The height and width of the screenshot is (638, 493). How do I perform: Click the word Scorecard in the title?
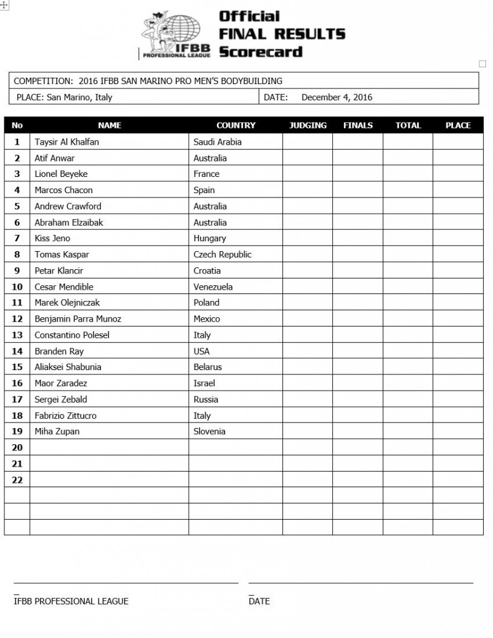tap(260, 51)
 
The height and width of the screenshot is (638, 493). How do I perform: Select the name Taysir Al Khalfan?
tap(67, 142)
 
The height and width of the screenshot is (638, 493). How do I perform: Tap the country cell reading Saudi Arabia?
tap(218, 142)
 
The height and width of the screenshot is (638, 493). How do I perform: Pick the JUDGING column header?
tap(308, 125)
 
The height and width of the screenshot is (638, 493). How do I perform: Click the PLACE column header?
tap(458, 125)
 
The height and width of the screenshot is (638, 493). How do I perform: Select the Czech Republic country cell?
tap(223, 254)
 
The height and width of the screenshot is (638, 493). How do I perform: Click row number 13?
tap(17, 335)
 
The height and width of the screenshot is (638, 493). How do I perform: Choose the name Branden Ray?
tap(59, 351)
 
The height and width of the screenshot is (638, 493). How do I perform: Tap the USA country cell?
tap(202, 351)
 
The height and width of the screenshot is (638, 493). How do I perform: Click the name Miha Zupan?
tap(57, 431)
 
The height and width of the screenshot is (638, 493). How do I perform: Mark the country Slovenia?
tap(209, 431)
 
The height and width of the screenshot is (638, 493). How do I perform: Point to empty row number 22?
tap(17, 480)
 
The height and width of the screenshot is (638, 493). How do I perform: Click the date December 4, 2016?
tap(337, 97)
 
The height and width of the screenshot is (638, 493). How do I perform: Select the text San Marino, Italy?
tap(79, 97)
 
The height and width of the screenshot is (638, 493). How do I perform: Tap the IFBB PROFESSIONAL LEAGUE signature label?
tap(71, 601)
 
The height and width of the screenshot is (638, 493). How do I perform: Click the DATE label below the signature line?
tap(259, 601)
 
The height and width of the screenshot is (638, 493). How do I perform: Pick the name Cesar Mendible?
tap(64, 287)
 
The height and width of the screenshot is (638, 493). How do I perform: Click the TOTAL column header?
tap(408, 125)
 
